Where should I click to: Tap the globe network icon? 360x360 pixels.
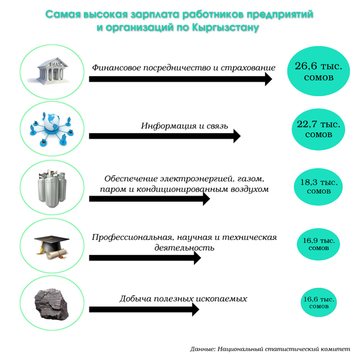pyautogui.click(x=52, y=128)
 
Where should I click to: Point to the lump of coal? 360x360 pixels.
pyautogui.click(x=52, y=304)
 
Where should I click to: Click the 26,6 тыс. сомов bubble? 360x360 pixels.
pyautogui.click(x=319, y=71)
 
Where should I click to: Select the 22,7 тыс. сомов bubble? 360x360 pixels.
pyautogui.click(x=319, y=129)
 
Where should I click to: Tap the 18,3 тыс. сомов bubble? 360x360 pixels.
pyautogui.click(x=319, y=187)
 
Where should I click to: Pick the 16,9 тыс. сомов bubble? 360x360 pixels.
pyautogui.click(x=319, y=244)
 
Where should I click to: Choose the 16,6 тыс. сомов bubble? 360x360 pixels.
pyautogui.click(x=319, y=302)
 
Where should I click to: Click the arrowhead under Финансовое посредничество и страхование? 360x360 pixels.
pyautogui.click(x=268, y=79)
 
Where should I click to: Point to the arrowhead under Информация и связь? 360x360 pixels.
pyautogui.click(x=237, y=136)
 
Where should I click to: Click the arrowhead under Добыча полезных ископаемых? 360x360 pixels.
pyautogui.click(x=196, y=309)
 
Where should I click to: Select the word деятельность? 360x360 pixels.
pyautogui.click(x=184, y=248)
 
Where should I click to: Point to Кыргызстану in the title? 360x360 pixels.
pyautogui.click(x=226, y=28)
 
